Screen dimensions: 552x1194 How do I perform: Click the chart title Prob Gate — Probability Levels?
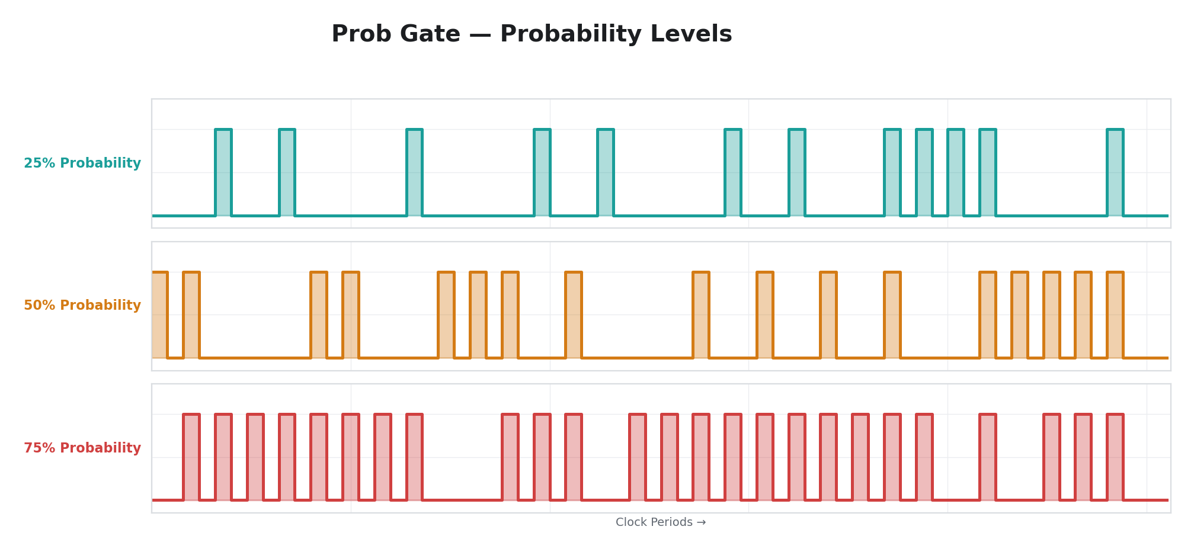coord(532,34)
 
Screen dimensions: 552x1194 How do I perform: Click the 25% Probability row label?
coord(82,163)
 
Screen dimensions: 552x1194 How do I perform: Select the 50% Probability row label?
coord(82,306)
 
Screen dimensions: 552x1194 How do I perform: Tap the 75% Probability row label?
coord(82,448)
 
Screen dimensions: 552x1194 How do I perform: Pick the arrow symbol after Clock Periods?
coord(701,522)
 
